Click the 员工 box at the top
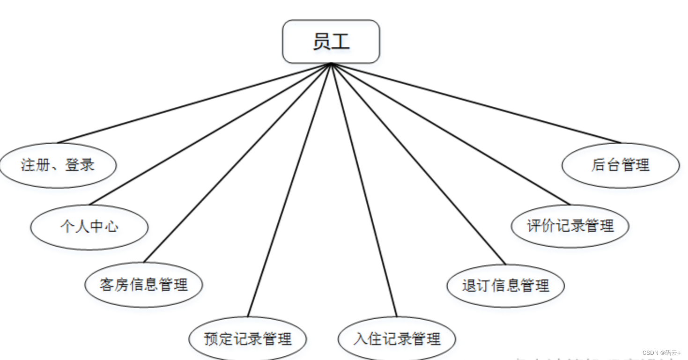click(331, 42)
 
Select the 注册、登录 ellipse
click(58, 165)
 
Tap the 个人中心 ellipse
click(89, 227)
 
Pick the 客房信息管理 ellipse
click(143, 285)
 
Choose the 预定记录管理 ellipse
click(248, 338)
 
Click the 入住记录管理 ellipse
click(397, 338)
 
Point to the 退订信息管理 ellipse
click(505, 286)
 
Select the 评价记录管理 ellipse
click(570, 226)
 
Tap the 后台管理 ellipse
click(620, 165)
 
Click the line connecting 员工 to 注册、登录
click(194, 103)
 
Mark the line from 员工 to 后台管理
click(476, 103)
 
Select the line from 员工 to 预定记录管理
click(289, 190)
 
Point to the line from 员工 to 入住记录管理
click(364, 190)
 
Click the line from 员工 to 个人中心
click(210, 134)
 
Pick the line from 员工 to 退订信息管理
click(418, 164)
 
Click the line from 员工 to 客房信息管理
click(237, 162)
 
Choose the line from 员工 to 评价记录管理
click(451, 134)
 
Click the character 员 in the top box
click(322, 42)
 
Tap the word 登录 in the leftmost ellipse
click(80, 165)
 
